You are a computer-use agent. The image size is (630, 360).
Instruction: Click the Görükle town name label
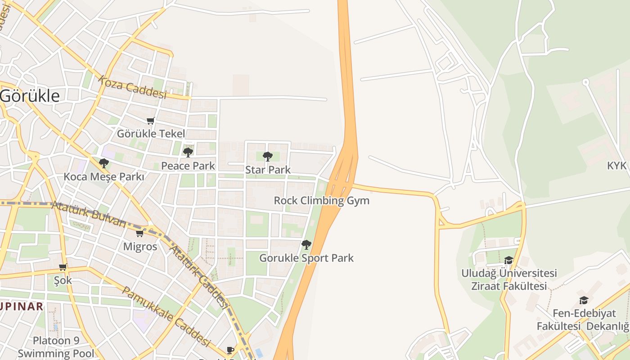30,96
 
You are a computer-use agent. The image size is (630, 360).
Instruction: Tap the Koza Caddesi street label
132,87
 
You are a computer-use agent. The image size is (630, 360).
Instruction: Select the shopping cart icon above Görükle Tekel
151,121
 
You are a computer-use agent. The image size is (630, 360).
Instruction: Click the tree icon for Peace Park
188,153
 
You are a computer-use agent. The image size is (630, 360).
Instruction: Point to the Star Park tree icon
268,157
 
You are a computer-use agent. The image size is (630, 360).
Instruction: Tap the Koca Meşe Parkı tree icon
104,163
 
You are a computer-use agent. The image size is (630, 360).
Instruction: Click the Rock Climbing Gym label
321,201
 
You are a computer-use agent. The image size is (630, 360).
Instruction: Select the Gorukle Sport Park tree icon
306,245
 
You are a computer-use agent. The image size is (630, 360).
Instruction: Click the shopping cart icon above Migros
140,233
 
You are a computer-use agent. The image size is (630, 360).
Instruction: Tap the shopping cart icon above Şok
63,267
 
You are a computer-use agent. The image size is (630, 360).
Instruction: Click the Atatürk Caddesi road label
199,276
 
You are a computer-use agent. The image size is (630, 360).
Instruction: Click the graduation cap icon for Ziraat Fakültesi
509,260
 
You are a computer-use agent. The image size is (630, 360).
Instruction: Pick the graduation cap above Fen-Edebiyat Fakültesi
584,300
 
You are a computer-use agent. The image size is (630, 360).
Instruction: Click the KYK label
617,166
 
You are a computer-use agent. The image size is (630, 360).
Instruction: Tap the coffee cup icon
230,350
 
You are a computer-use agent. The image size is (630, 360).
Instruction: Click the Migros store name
140,247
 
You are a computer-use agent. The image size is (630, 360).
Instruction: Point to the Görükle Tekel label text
151,134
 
